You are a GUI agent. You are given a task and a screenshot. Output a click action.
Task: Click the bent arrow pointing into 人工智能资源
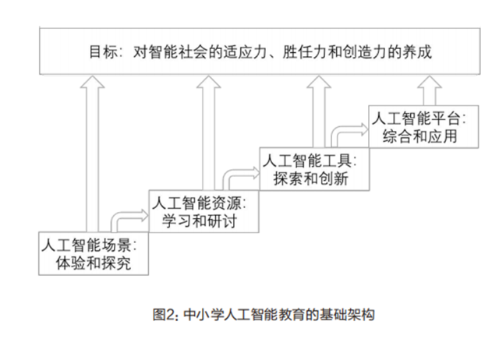127,217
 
